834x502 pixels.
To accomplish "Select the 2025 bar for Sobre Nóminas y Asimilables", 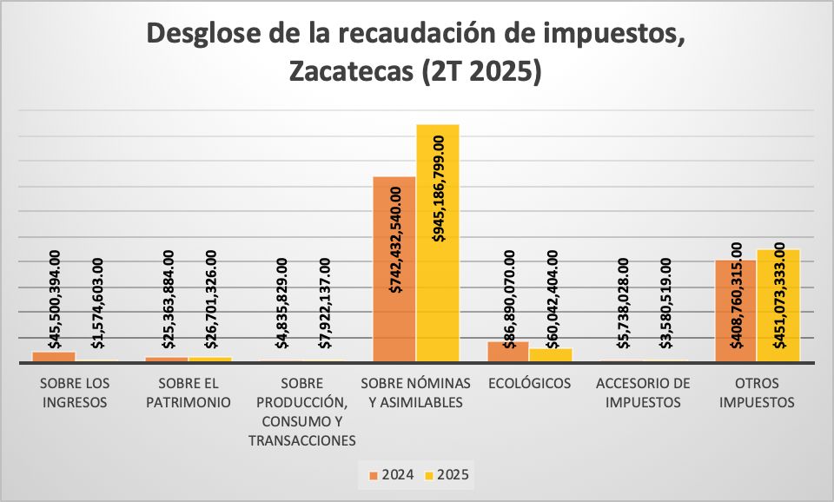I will (x=437, y=243).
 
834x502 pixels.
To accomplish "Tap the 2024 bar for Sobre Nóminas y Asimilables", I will (x=394, y=269).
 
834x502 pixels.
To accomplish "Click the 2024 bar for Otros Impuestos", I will (x=736, y=311).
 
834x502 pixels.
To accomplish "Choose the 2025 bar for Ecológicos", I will (x=551, y=354).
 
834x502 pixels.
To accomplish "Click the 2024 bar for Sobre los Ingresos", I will (x=54, y=356).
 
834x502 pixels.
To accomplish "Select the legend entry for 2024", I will (x=390, y=475).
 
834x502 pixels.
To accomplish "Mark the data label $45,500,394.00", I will (x=55, y=300).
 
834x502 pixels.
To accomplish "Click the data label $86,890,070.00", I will (x=509, y=300).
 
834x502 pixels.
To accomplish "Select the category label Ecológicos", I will (x=529, y=383).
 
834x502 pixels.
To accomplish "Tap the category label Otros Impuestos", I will (x=757, y=393).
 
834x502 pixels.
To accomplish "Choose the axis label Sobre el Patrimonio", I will (x=188, y=393).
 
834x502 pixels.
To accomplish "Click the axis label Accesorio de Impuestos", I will (x=643, y=393).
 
